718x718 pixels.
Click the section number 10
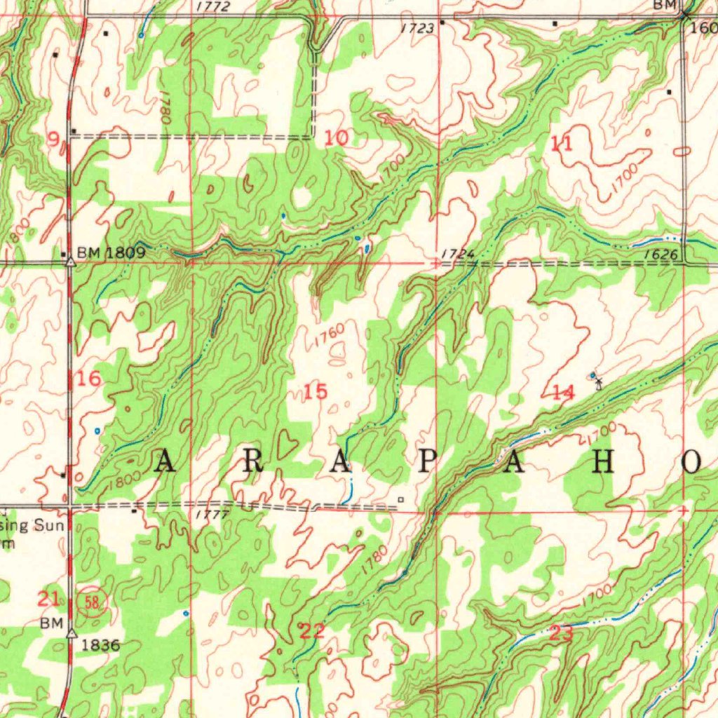[337, 138]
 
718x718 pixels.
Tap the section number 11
[562, 144]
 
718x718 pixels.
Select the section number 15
[316, 392]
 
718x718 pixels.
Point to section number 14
[563, 393]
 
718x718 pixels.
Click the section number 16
[89, 379]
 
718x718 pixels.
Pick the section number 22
[312, 631]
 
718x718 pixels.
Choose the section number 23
[562, 634]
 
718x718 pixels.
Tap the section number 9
[53, 140]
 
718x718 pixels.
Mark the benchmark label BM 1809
[111, 252]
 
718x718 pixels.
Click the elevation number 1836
[101, 645]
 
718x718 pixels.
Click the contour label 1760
[330, 335]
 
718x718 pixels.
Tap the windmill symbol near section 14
[598, 383]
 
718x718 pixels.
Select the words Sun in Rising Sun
[49, 526]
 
